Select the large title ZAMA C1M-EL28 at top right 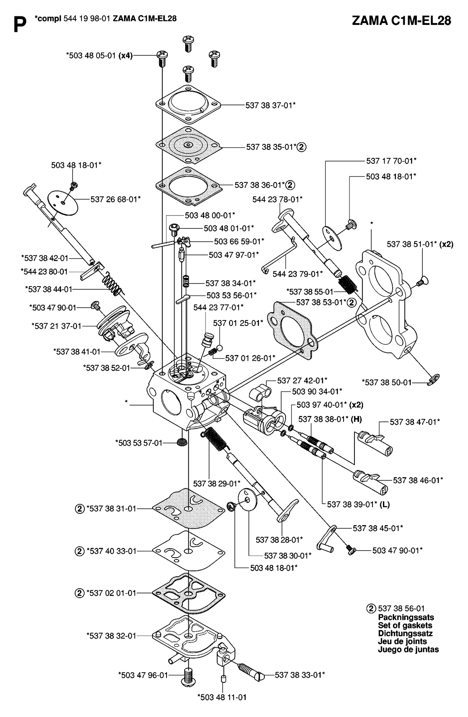click(401, 21)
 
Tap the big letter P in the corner click(20, 25)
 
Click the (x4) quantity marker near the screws click(126, 55)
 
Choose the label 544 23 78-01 click(277, 199)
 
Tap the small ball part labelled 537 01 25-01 click(220, 347)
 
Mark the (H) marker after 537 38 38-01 click(356, 419)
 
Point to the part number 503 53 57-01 click(138, 443)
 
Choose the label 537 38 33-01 click(300, 674)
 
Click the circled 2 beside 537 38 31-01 click(79, 508)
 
